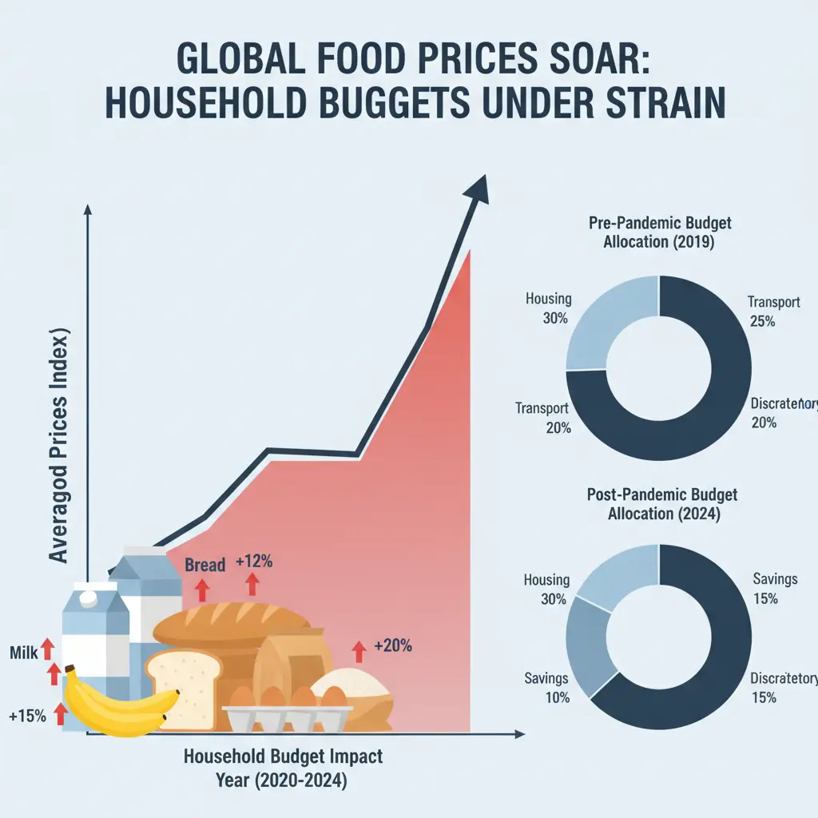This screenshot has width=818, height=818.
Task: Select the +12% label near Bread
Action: pos(254,562)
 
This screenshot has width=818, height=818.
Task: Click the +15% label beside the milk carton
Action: pos(27,717)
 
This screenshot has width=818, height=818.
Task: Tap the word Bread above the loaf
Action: pos(204,565)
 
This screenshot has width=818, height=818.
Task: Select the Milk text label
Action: pos(24,653)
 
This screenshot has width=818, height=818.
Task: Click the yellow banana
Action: pos(120,703)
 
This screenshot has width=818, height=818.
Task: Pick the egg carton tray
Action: pos(288,715)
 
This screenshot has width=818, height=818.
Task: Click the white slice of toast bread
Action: pos(182,687)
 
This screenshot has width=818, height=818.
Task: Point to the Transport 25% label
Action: pos(772,312)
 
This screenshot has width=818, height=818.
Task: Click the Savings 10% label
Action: pos(546,687)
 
